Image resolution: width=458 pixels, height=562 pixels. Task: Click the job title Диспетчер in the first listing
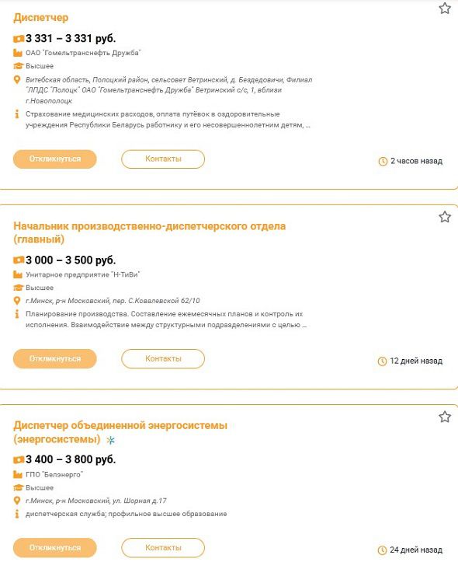point(41,18)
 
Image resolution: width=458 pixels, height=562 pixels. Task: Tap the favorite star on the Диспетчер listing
point(445,9)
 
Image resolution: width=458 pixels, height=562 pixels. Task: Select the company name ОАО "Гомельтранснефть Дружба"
point(83,53)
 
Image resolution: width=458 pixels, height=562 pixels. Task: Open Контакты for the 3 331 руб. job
point(163,159)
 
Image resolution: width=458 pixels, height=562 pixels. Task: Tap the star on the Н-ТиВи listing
point(445,217)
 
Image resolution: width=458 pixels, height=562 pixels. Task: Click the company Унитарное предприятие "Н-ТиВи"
point(84,274)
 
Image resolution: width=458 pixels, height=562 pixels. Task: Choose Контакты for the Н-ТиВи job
point(163,359)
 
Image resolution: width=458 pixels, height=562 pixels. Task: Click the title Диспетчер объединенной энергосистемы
point(120,425)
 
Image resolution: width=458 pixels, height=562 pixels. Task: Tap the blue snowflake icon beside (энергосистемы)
point(110,441)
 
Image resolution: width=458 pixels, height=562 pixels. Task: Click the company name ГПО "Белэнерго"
point(54,474)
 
